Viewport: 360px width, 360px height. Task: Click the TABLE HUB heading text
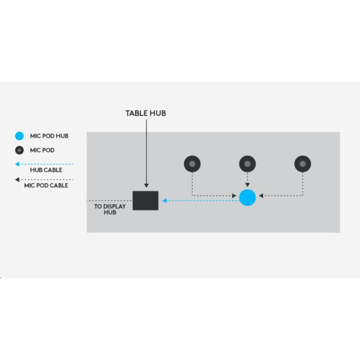coord(145,113)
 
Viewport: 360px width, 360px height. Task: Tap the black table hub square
coord(145,200)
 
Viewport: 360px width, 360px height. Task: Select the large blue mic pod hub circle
coord(247,198)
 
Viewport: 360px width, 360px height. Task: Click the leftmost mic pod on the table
coord(192,164)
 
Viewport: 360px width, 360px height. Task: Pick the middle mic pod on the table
coord(247,164)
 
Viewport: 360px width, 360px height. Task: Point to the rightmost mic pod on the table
coord(302,164)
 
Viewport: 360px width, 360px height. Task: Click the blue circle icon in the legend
coord(19,136)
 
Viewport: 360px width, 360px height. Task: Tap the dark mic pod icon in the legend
coord(19,150)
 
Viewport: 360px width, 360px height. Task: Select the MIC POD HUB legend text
coord(49,136)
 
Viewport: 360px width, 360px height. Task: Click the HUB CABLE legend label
coord(46,171)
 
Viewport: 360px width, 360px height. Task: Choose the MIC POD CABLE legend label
coord(46,185)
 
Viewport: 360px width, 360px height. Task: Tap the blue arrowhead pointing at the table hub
coord(165,200)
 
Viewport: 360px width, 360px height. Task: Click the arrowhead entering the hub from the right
coord(261,196)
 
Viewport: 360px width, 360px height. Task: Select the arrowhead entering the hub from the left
coord(234,196)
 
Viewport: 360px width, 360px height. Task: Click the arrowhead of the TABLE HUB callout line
coord(146,185)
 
